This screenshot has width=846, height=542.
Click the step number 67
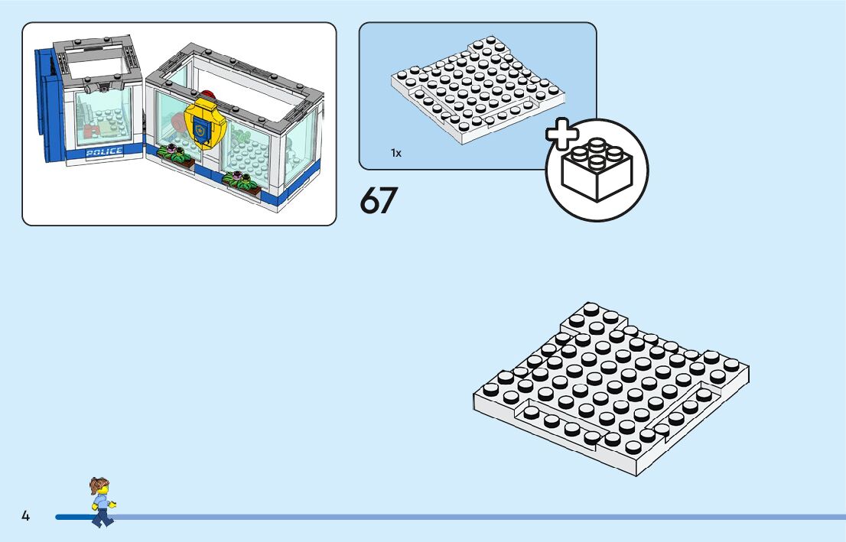[x=379, y=200]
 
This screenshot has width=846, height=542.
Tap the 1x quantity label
[x=396, y=153]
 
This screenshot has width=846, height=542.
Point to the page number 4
[x=25, y=517]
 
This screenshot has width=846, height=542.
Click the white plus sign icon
[x=562, y=134]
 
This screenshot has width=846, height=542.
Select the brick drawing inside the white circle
[x=596, y=170]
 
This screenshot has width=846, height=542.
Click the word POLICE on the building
[x=104, y=151]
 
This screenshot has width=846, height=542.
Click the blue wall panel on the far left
[x=49, y=107]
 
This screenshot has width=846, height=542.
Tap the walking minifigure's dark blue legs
[x=101, y=518]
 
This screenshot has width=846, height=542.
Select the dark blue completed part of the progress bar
[x=73, y=518]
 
